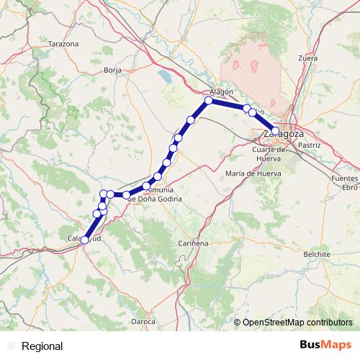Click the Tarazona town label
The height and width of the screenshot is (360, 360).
point(63,44)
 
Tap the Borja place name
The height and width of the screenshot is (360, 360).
point(112,70)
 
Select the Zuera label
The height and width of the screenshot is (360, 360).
point(307,57)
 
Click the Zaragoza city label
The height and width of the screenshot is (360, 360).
point(283,134)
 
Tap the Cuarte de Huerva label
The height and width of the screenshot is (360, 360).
point(270,154)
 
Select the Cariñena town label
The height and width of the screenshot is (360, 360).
point(193,243)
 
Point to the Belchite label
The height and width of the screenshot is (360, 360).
point(317,254)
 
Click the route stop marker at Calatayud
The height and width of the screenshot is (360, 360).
point(85,240)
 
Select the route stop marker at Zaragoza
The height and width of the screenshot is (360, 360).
point(275,131)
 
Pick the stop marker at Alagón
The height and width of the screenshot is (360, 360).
point(209,101)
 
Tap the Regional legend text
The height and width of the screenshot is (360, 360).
point(42,346)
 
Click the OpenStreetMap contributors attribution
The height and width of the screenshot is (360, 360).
point(297,322)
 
